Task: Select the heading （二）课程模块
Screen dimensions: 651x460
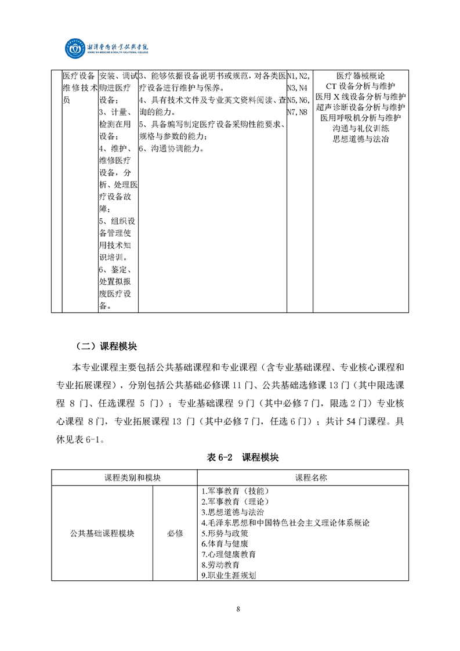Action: pyautogui.click(x=107, y=346)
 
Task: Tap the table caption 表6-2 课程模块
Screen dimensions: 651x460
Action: pyautogui.click(x=243, y=458)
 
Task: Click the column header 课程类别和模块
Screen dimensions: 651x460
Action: pyautogui.click(x=132, y=478)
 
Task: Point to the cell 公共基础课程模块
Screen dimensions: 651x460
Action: pyautogui.click(x=102, y=533)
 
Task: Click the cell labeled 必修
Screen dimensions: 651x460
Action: pyautogui.click(x=175, y=533)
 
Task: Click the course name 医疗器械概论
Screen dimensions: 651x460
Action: pyautogui.click(x=360, y=76)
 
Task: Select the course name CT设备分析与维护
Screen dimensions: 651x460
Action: pyautogui.click(x=360, y=86)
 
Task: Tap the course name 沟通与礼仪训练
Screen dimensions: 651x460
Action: pyautogui.click(x=360, y=128)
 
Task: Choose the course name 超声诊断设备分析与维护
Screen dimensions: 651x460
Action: pyautogui.click(x=360, y=107)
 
